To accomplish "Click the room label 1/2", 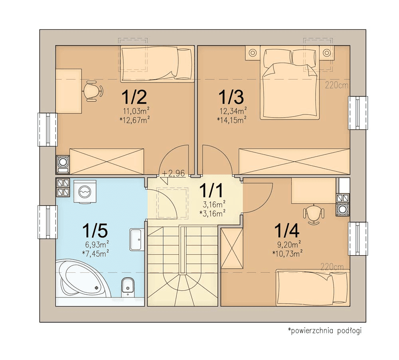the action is tap(134, 97).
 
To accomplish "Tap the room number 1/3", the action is tap(231, 97).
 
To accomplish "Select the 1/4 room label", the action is tap(286, 230).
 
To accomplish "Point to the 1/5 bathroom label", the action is tap(95, 230).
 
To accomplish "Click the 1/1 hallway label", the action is tap(211, 190).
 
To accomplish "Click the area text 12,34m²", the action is tap(233, 110).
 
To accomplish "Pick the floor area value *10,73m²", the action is tap(287, 253).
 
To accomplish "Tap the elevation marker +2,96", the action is tap(174, 173).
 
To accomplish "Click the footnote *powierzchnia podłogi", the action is tap(325, 330).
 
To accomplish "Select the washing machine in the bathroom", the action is tap(85, 191).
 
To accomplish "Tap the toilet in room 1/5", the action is tap(128, 287).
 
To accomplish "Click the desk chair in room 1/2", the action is tap(93, 91).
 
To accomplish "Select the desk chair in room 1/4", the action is tap(314, 214).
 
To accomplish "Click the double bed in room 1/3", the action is tap(290, 83).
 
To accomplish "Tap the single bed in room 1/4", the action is tap(313, 287).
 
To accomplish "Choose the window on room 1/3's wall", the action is tap(358, 113).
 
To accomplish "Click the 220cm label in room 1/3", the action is tap(336, 85).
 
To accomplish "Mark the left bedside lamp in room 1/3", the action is tap(253, 53).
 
